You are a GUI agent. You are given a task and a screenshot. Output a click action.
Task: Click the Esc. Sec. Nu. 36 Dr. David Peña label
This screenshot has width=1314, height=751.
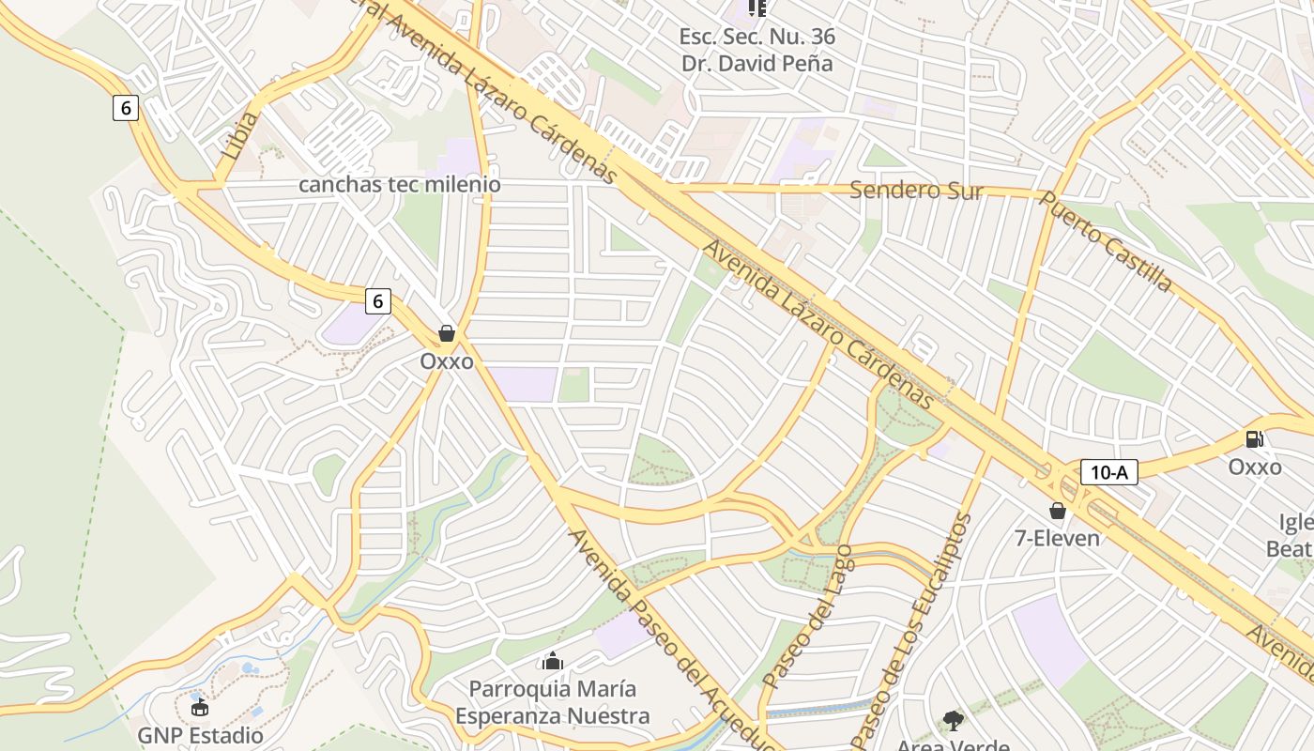756,51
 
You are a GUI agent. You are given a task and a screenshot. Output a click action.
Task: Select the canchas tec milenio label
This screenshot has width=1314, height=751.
399,185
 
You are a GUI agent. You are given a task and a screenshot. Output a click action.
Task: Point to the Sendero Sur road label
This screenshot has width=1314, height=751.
916,192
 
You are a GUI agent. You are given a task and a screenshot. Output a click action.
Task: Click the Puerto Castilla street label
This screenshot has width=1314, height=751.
1106,242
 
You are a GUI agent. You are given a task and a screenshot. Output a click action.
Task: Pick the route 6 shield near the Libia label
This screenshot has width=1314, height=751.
126,108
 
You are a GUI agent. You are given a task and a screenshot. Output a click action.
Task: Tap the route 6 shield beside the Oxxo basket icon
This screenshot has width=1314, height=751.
377,301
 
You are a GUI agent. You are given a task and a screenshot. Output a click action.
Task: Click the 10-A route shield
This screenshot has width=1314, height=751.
1108,472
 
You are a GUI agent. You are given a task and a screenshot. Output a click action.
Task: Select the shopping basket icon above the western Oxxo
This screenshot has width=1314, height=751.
447,333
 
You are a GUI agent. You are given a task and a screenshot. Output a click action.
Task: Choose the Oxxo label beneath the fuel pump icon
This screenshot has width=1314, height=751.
1255,467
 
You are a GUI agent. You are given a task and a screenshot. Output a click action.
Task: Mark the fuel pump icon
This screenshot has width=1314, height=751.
1254,438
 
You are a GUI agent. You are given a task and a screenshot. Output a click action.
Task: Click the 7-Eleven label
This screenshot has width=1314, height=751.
1058,538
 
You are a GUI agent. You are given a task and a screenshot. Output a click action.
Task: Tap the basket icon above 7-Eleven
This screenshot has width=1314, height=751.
1058,511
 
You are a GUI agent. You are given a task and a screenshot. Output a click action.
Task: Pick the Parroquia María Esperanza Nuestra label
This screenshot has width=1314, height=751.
552,702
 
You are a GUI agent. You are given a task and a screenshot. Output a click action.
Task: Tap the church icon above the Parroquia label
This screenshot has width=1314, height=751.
553,662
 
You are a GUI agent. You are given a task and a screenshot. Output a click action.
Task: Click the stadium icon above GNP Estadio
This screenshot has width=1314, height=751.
199,706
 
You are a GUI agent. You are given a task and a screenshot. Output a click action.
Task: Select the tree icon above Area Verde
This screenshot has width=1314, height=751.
953,721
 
